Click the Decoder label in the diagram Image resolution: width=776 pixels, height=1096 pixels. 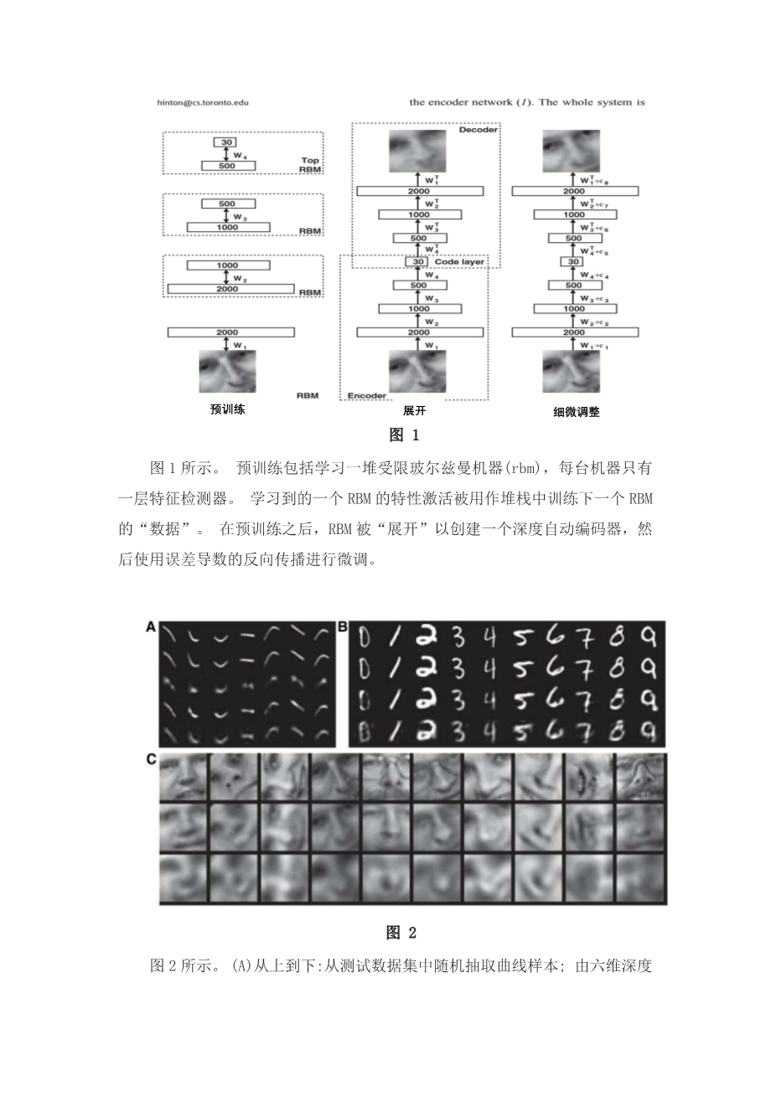click(x=479, y=130)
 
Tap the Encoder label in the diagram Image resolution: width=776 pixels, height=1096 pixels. click(x=366, y=395)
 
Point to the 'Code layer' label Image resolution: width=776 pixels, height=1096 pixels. click(x=460, y=261)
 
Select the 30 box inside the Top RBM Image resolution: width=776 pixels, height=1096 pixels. click(x=226, y=143)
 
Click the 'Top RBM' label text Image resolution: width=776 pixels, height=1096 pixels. click(x=309, y=165)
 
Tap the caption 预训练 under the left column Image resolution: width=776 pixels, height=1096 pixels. click(x=227, y=410)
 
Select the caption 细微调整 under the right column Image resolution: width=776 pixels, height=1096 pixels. click(x=576, y=412)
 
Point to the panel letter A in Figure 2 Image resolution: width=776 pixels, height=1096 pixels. click(x=151, y=626)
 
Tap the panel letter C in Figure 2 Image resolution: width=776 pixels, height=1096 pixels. click(x=152, y=759)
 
